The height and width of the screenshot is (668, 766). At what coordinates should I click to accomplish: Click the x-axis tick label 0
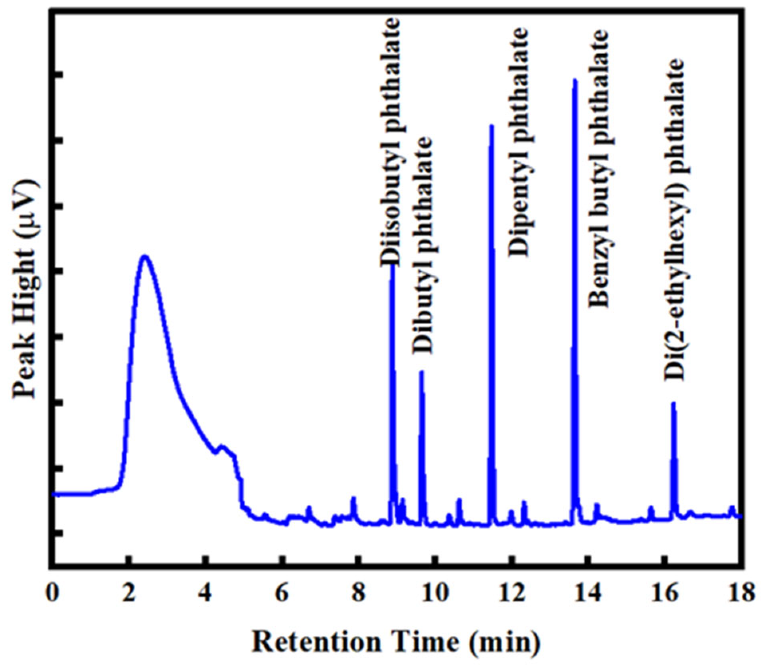(x=52, y=593)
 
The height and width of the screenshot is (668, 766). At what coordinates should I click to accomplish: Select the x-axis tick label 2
(x=128, y=593)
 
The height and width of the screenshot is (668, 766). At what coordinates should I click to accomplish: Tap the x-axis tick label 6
(x=282, y=593)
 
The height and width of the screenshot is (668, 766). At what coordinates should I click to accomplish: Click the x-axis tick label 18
(x=741, y=593)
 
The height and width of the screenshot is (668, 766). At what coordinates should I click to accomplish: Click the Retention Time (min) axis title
(x=396, y=642)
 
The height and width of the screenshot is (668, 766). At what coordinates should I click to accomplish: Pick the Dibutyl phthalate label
(x=423, y=245)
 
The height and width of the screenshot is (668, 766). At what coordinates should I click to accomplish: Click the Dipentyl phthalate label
(x=519, y=142)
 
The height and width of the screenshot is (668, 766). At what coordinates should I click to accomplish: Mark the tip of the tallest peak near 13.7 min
(x=575, y=80)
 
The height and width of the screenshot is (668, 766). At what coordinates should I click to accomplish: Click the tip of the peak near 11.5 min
(x=492, y=126)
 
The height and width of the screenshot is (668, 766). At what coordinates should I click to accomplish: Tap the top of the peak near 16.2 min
(x=673, y=403)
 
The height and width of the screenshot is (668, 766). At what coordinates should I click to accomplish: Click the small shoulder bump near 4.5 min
(x=222, y=446)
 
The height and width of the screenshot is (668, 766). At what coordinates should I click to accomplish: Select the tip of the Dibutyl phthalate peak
(x=421, y=372)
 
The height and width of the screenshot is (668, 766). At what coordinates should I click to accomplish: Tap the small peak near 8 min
(x=353, y=498)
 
